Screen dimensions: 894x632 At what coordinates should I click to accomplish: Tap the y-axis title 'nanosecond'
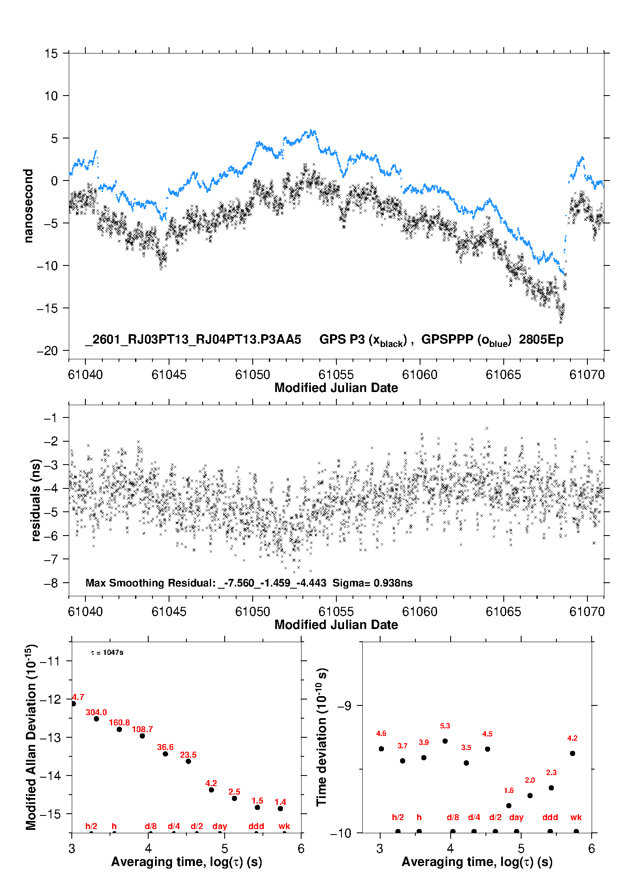[x=28, y=206]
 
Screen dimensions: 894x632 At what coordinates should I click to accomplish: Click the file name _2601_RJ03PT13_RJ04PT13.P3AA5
[x=193, y=340]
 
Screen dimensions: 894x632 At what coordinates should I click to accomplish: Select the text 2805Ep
[x=541, y=340]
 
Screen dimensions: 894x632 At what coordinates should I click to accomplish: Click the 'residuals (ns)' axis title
[x=36, y=500]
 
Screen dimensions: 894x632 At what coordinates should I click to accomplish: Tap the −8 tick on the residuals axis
[x=51, y=583]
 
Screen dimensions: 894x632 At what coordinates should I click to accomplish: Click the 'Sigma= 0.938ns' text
[x=372, y=583]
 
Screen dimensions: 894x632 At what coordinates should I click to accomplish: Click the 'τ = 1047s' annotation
[x=107, y=652]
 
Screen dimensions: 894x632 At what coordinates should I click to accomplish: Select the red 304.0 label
[x=96, y=712]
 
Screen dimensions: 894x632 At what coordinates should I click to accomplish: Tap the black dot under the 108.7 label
[x=142, y=736]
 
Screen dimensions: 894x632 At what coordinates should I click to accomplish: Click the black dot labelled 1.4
[x=280, y=809]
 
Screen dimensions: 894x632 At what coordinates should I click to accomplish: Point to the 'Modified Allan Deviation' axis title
[x=31, y=737]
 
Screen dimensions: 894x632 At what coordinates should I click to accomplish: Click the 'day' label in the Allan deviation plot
[x=220, y=826]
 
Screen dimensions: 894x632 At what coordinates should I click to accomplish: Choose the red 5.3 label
[x=445, y=726]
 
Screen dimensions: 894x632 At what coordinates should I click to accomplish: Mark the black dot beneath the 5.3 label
[x=445, y=741]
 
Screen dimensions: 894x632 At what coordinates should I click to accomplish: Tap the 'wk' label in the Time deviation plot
[x=576, y=817]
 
